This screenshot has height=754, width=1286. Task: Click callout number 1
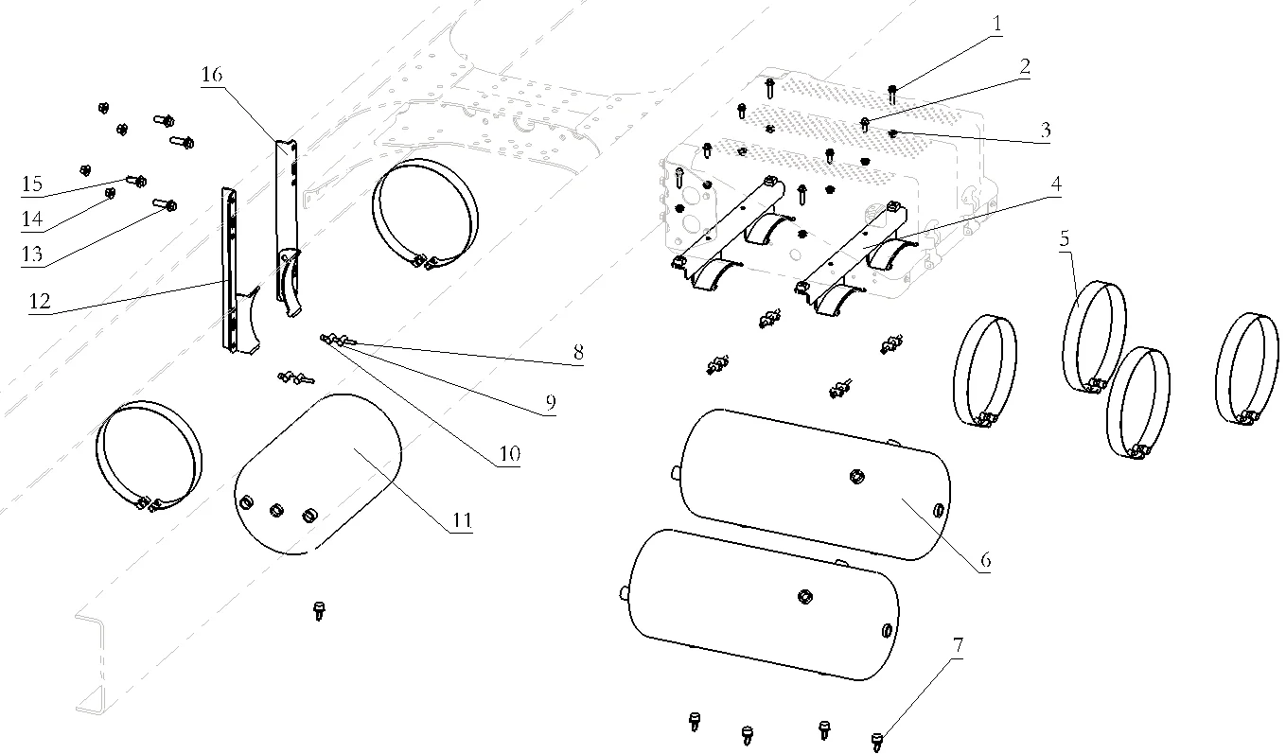(996, 24)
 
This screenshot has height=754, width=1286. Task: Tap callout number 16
(212, 75)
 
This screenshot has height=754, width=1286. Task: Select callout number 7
(958, 646)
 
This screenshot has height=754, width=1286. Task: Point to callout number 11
(462, 520)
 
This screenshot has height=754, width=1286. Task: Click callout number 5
(1065, 238)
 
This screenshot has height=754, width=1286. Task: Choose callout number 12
(40, 301)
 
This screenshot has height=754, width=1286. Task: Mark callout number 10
(509, 454)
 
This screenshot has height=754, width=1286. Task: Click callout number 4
(1056, 184)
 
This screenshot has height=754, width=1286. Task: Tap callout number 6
(985, 559)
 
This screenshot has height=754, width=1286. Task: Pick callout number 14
(32, 219)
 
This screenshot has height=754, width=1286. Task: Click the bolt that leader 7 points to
(876, 741)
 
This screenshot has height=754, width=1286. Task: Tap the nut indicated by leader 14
(110, 193)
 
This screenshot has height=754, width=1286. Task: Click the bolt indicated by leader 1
(892, 93)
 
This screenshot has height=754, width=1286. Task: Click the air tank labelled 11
(318, 474)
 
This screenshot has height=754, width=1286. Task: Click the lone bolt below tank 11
(319, 610)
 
